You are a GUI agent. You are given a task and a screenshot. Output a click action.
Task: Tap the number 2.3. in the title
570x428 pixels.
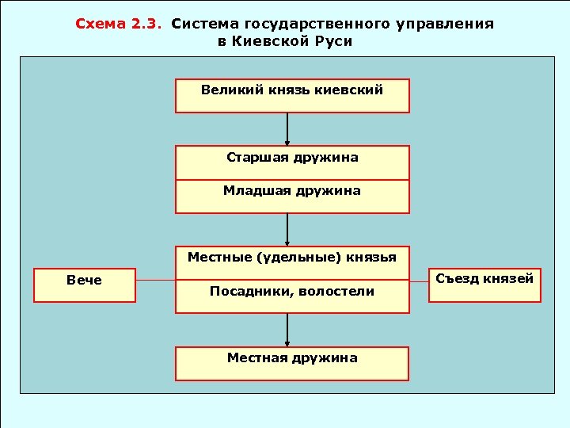point(143,24)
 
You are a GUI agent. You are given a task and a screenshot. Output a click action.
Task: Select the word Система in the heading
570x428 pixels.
point(200,24)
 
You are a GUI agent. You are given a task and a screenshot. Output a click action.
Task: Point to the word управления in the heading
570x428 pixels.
point(449,24)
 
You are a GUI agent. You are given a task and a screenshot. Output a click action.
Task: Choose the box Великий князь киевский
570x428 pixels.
point(292,95)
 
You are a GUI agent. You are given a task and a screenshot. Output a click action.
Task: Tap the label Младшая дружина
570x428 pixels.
point(292,191)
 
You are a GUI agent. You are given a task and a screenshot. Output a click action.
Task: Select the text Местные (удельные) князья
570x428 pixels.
point(292,257)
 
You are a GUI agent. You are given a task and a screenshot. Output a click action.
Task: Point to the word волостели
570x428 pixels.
point(338,292)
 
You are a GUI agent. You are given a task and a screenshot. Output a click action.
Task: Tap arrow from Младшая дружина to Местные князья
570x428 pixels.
point(287,229)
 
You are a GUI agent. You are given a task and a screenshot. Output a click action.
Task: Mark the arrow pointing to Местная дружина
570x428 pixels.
point(287,330)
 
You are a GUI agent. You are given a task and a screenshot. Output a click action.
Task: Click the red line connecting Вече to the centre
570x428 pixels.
point(155,281)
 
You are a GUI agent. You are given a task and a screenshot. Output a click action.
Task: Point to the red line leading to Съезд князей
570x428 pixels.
point(419,281)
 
